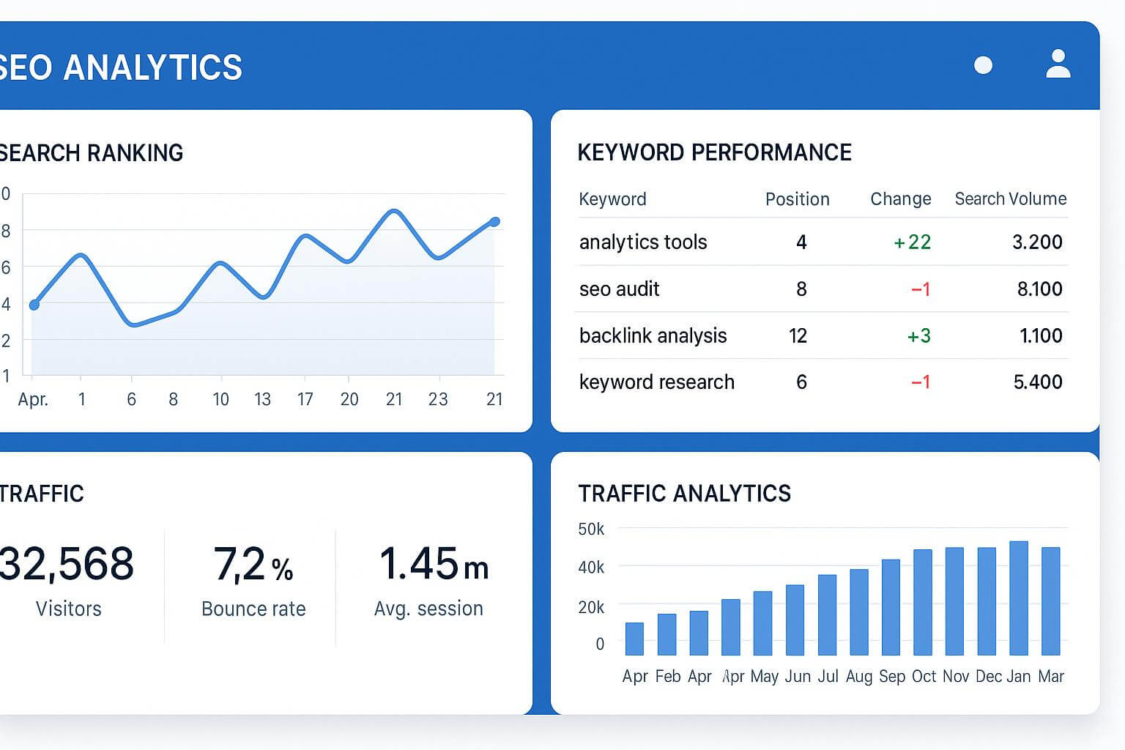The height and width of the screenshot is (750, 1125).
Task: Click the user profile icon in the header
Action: [x=1058, y=64]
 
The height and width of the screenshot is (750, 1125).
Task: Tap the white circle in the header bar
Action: [x=983, y=65]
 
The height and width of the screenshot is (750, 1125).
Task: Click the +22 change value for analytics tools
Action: [x=912, y=242]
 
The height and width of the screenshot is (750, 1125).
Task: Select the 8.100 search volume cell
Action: [x=1039, y=289]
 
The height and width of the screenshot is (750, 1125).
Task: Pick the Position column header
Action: [x=797, y=199]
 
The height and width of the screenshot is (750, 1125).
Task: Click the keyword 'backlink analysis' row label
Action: [x=653, y=336]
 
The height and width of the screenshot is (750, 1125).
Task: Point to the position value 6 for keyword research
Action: [x=801, y=382]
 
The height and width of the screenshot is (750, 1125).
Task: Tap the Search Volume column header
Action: [x=1010, y=199]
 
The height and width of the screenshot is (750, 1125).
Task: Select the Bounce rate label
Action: [x=253, y=609]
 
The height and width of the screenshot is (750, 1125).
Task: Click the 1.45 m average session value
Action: [x=433, y=565]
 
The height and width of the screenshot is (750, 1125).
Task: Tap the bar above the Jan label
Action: [x=1019, y=598]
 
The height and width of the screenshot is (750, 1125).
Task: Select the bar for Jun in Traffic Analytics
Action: [x=795, y=620]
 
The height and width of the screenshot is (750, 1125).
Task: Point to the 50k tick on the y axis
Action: [x=591, y=529]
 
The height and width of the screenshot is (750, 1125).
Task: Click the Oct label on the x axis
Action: [x=924, y=677]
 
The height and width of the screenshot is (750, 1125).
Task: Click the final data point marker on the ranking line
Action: [x=494, y=222]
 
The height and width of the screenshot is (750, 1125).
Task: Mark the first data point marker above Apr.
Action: [x=34, y=305]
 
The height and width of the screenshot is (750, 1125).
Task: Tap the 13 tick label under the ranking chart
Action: [x=262, y=400]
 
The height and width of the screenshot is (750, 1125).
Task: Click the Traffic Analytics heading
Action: [x=684, y=494]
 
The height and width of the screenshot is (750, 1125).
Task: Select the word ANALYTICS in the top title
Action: [x=152, y=68]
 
